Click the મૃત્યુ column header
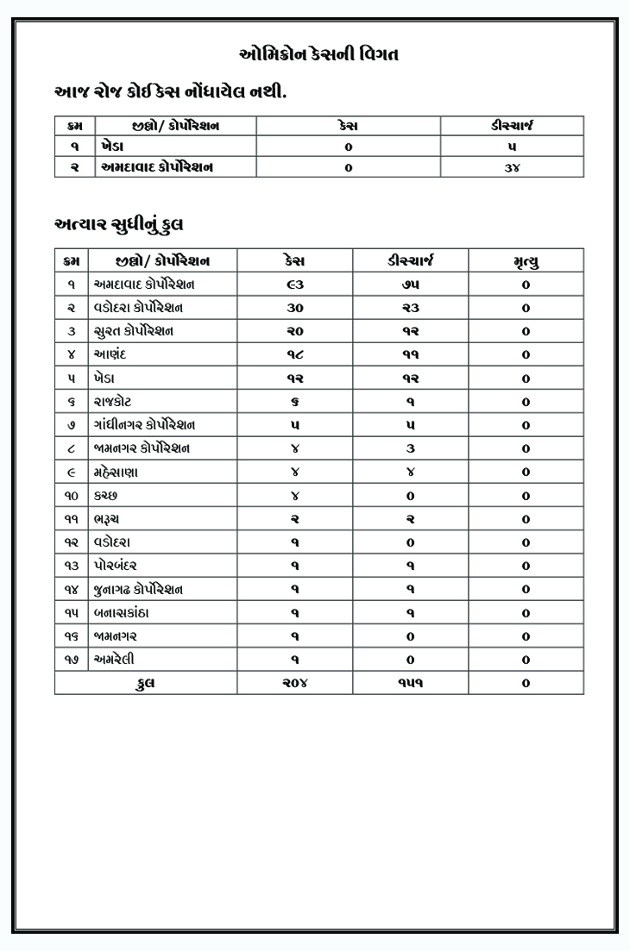[x=526, y=260]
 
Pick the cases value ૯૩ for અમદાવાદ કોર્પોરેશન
[x=295, y=285]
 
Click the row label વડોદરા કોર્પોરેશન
[x=137, y=308]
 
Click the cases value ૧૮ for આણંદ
[x=295, y=354]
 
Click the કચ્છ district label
[x=106, y=496]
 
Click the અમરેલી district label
[x=115, y=660]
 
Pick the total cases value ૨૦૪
[x=295, y=683]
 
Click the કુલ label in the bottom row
[x=146, y=683]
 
